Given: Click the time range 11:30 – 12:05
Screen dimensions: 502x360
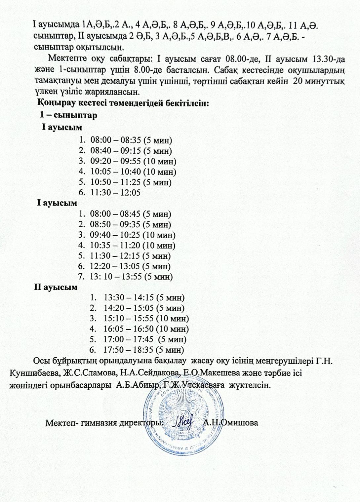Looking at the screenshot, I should coord(115,193).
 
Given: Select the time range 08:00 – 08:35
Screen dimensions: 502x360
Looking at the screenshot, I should coord(115,140).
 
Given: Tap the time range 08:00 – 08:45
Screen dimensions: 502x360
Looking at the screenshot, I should coord(115,214).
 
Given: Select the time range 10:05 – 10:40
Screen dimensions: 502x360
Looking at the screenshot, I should coord(115,172).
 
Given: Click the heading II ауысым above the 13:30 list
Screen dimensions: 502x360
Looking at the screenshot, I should coord(56,287).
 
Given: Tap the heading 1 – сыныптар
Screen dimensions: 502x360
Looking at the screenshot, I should coord(68,115).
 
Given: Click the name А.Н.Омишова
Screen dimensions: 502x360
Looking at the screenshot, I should coord(230,423).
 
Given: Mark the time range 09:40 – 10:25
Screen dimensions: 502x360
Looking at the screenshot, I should coord(115,235).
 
